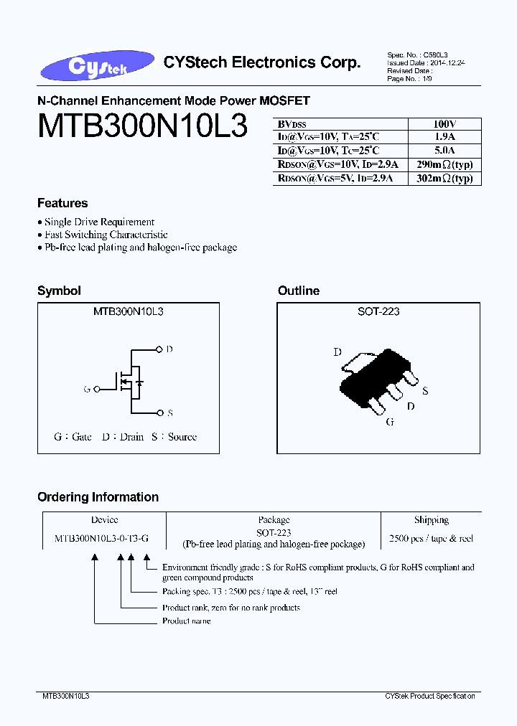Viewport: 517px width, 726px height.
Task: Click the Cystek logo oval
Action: tap(98, 66)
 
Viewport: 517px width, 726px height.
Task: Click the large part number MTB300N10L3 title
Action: tap(142, 127)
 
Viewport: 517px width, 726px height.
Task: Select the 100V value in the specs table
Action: tap(444, 124)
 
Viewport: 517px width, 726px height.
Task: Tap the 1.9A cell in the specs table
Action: tap(444, 137)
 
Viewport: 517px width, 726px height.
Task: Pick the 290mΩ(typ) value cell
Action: tap(444, 164)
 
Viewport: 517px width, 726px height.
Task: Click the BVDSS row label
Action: tap(291, 124)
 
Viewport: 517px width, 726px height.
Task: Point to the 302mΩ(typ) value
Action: tap(444, 179)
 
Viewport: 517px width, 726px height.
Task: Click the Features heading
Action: tap(62, 203)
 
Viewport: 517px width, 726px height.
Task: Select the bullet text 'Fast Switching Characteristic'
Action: tap(106, 235)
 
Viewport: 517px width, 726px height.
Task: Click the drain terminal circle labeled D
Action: tap(159, 349)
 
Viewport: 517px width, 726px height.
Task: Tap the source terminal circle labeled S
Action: tap(159, 413)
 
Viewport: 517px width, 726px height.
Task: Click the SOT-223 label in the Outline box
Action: tap(378, 311)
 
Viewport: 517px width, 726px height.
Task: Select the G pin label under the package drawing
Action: tap(390, 422)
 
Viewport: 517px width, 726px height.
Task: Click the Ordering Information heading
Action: tap(98, 497)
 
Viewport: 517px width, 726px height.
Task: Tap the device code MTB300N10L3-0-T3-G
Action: tap(101, 538)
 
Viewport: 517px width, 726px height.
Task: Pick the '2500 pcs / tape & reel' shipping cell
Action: tap(431, 538)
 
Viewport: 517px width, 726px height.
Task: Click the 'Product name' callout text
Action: tap(186, 621)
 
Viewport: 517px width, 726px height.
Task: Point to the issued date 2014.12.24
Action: tap(445, 63)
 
